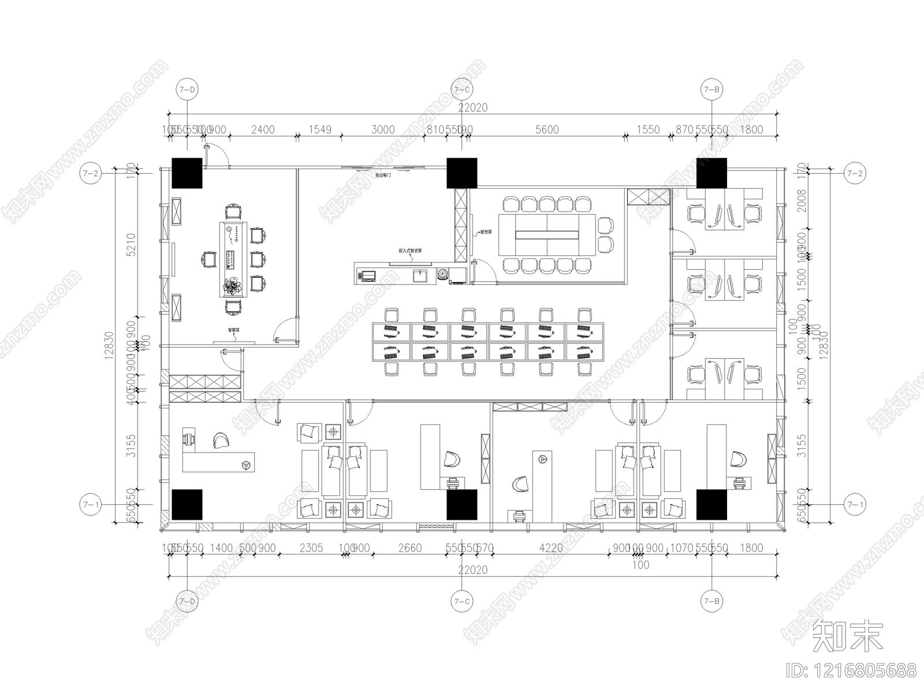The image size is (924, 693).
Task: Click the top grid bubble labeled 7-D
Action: coord(187,90)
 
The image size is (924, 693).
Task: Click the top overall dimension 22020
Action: coord(473,107)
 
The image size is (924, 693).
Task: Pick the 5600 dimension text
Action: coord(547,129)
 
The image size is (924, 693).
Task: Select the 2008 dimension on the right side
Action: coord(801,200)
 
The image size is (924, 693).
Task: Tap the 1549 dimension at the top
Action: coord(319,129)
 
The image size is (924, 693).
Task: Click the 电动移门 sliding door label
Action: coord(383,174)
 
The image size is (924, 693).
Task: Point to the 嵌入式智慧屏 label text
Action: coord(410,251)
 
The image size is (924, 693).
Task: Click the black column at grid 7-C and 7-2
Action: coord(461,173)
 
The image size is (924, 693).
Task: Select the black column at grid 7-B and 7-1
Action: coord(711,504)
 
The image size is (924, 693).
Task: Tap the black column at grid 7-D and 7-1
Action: coord(187,504)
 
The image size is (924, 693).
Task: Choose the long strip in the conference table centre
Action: coord(547,234)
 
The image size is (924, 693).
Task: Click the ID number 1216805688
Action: coord(852,670)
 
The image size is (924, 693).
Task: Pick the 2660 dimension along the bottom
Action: coord(410,547)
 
